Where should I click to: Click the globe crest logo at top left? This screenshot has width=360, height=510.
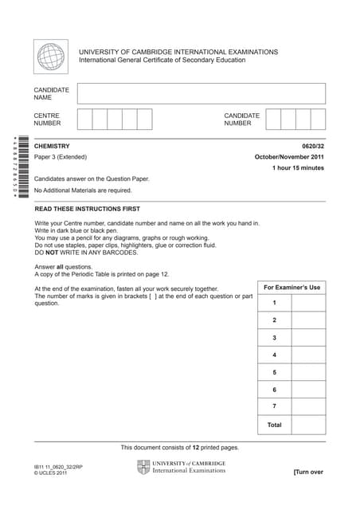pyautogui.click(x=51, y=57)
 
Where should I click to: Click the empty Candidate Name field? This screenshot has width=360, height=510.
pyautogui.click(x=202, y=93)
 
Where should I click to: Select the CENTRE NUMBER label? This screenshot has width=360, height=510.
pyautogui.click(x=47, y=120)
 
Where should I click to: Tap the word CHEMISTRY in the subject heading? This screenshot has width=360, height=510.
pyautogui.click(x=52, y=147)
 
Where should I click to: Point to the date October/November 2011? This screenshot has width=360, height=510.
pyautogui.click(x=289, y=157)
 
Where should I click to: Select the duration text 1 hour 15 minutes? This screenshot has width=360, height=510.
pyautogui.click(x=298, y=168)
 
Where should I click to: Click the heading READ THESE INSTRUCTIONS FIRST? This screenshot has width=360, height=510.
pyautogui.click(x=88, y=209)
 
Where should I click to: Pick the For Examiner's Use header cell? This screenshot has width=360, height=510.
pyautogui.click(x=292, y=287)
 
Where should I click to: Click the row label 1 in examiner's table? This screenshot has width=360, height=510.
pyautogui.click(x=274, y=304)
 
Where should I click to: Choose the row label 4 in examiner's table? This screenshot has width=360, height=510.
pyautogui.click(x=274, y=355)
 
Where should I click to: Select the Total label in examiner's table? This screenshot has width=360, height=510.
pyautogui.click(x=274, y=426)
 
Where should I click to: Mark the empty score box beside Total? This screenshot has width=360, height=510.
pyautogui.click(x=308, y=426)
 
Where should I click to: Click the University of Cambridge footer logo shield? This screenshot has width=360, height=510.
pyautogui.click(x=143, y=467)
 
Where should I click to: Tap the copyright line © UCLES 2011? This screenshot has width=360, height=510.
pyautogui.click(x=51, y=473)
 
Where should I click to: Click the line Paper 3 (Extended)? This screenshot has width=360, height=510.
pyautogui.click(x=61, y=157)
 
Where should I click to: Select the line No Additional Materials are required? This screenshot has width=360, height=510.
pyautogui.click(x=83, y=190)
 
